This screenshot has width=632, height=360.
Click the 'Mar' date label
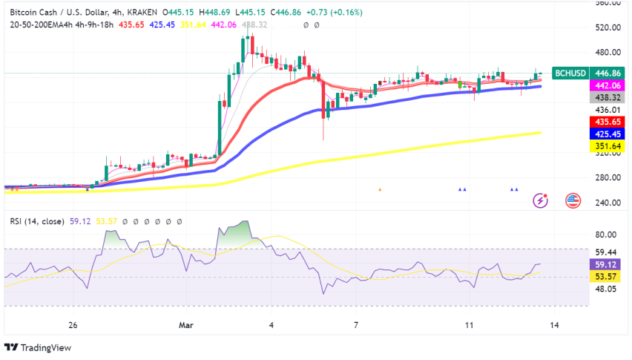pyautogui.click(x=186, y=325)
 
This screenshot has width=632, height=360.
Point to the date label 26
pyautogui.click(x=73, y=325)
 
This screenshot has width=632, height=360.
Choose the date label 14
pyautogui.click(x=554, y=325)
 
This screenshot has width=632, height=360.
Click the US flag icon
pyautogui.click(x=573, y=200)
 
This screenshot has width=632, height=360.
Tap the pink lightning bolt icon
pyautogui.click(x=542, y=200)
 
